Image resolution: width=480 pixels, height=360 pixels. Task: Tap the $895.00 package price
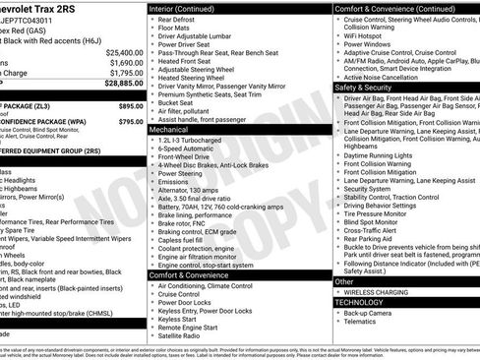coord(131,104)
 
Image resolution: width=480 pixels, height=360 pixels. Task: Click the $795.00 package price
coord(131,121)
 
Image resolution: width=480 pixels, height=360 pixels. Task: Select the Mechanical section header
coord(169,129)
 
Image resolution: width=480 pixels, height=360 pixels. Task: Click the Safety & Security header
coord(364,88)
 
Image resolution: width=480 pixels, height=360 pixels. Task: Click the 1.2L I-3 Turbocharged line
coord(191,140)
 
